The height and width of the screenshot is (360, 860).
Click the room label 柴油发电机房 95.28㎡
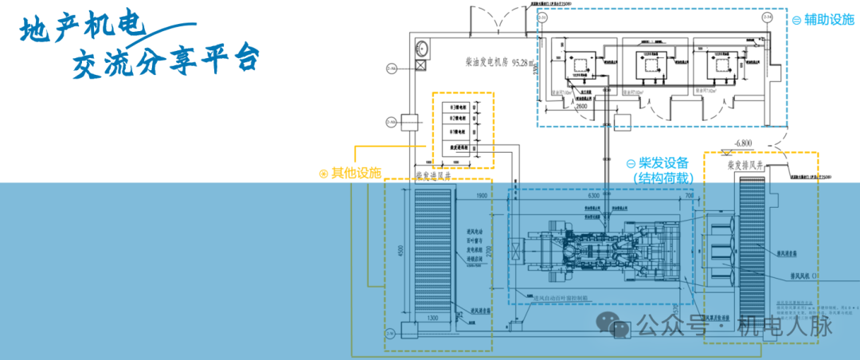501,61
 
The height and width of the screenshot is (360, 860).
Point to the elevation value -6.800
746,143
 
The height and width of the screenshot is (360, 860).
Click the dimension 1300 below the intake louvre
433,319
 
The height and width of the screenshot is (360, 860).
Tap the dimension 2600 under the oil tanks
582,105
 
